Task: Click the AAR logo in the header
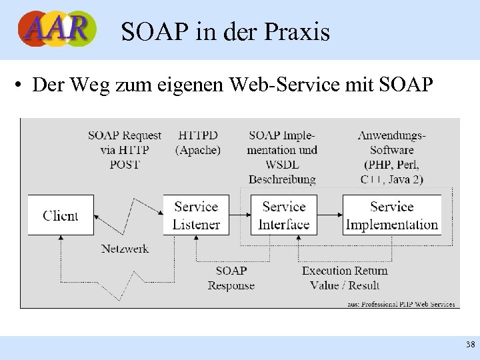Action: pyautogui.click(x=57, y=29)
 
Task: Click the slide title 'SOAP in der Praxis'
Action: pyautogui.click(x=225, y=31)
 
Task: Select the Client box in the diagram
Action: pyautogui.click(x=61, y=215)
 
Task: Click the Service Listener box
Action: pyautogui.click(x=196, y=215)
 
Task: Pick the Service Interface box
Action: pyautogui.click(x=284, y=215)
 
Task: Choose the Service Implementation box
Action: pyautogui.click(x=392, y=215)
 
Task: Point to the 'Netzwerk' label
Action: pyautogui.click(x=125, y=249)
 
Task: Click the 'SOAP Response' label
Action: pyautogui.click(x=231, y=278)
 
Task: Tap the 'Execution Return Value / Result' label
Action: pyautogui.click(x=345, y=278)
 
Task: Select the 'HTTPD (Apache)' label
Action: pyautogui.click(x=198, y=143)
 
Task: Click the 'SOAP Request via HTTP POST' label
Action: pyautogui.click(x=125, y=150)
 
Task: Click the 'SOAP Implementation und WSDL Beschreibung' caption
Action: pyautogui.click(x=282, y=157)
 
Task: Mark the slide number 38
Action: pyautogui.click(x=470, y=345)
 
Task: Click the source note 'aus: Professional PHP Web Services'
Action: pyautogui.click(x=401, y=304)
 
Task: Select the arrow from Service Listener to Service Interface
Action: pyautogui.click(x=239, y=215)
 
